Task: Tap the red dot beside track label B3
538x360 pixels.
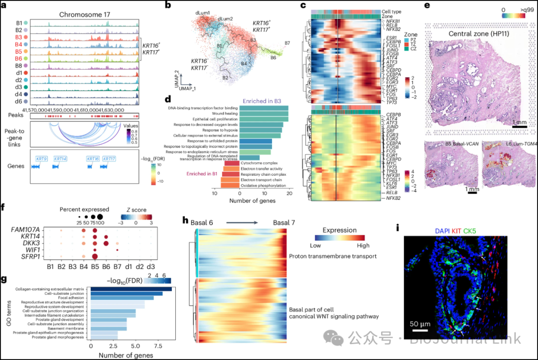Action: coord(32,37)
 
